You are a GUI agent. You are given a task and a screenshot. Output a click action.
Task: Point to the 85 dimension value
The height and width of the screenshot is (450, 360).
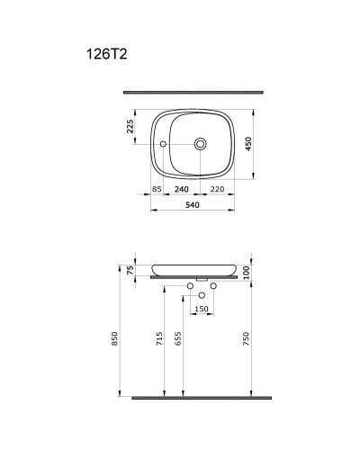[x=157, y=191]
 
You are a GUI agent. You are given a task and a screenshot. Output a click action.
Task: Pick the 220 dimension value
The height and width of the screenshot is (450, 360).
[x=216, y=191]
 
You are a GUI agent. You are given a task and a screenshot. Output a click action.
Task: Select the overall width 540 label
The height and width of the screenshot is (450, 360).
[x=193, y=205]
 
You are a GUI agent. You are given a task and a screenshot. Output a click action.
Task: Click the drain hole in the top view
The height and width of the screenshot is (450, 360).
[x=200, y=143]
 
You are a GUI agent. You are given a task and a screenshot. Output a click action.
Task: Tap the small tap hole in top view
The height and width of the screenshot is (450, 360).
[x=164, y=144]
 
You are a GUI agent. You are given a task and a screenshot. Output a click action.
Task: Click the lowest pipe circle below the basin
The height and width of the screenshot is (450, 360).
[x=202, y=295]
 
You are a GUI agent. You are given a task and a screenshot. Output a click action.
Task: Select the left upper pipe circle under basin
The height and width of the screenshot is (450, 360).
[x=190, y=287]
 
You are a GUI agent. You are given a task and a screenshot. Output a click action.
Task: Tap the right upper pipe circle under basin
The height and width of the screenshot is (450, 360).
[x=213, y=287]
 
